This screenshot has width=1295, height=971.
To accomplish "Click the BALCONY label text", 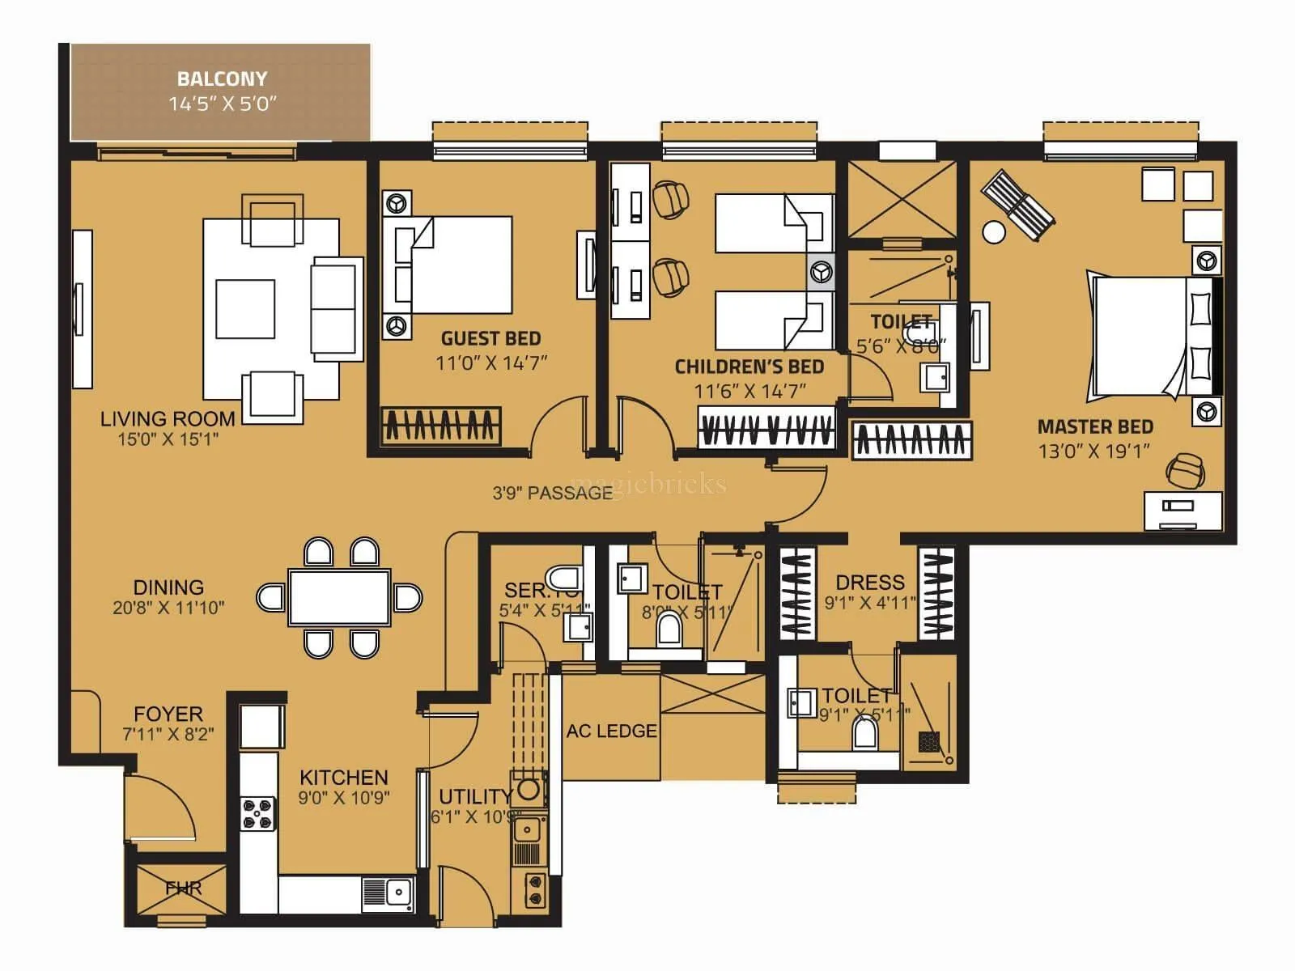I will pyautogui.click(x=222, y=79).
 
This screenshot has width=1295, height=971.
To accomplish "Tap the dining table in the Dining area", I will pyautogui.click(x=339, y=598).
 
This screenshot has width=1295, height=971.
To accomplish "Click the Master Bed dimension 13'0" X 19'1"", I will pyautogui.click(x=1094, y=452).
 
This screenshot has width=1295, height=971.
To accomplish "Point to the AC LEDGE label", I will pyautogui.click(x=611, y=731).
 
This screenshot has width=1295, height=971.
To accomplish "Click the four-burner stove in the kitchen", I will pyautogui.click(x=258, y=814).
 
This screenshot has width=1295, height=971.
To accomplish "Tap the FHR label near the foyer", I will pyautogui.click(x=183, y=888).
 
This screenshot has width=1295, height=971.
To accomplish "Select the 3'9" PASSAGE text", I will pyautogui.click(x=552, y=493).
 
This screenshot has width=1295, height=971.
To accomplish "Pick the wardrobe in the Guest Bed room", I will pyautogui.click(x=441, y=426).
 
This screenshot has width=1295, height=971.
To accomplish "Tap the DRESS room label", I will pyautogui.click(x=870, y=583).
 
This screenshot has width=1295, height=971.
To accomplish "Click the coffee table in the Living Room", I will pyautogui.click(x=245, y=309).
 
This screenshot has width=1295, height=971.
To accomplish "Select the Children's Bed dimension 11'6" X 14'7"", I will pyautogui.click(x=749, y=392).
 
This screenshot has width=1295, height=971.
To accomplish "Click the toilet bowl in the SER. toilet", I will pyautogui.click(x=563, y=578).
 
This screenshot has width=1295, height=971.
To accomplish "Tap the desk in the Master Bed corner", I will pyautogui.click(x=1182, y=511).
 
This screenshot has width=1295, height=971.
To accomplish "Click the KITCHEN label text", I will pyautogui.click(x=343, y=778).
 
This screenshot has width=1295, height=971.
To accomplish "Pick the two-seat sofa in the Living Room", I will pyautogui.click(x=336, y=308).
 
